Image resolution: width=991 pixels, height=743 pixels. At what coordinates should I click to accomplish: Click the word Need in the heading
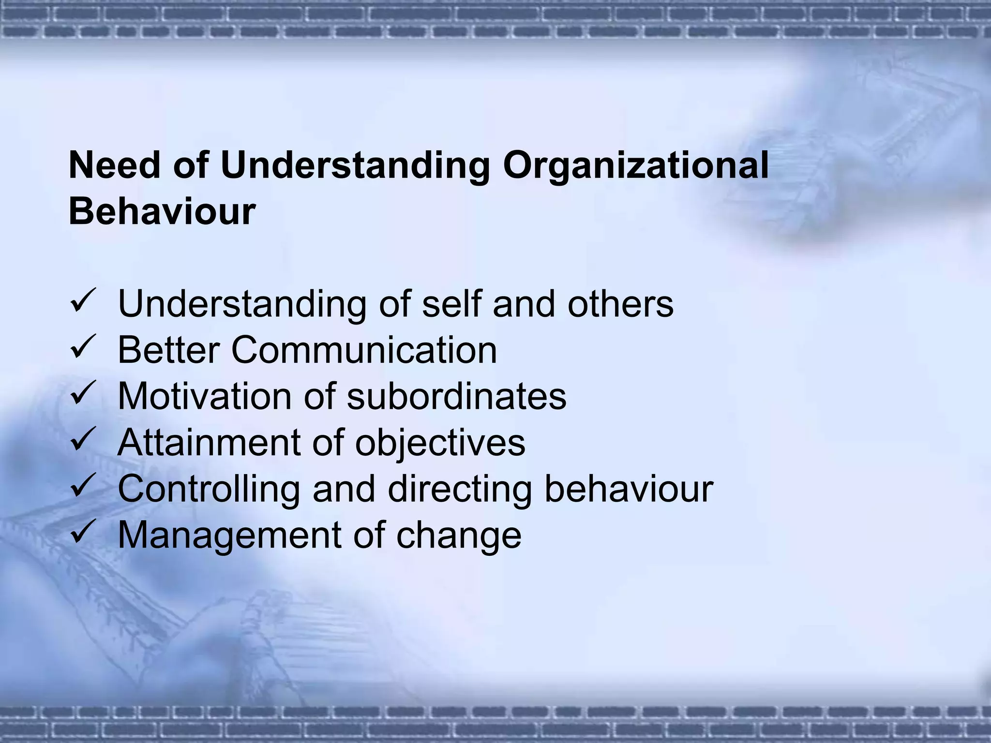click(114, 166)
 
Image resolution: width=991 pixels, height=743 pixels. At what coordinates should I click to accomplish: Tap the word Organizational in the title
click(635, 166)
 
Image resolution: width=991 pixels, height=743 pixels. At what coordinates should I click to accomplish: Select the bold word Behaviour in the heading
click(162, 211)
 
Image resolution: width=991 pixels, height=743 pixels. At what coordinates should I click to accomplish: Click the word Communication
click(364, 350)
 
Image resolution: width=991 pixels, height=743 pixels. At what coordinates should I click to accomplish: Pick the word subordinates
click(456, 396)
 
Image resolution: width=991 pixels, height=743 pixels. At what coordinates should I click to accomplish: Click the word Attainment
click(209, 443)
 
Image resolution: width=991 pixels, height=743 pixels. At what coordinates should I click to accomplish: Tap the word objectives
click(440, 443)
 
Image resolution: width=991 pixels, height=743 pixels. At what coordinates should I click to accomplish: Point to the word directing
click(460, 489)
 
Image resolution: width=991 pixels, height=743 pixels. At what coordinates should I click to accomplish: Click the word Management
click(229, 535)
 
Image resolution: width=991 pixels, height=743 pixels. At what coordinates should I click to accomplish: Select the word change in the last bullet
click(459, 535)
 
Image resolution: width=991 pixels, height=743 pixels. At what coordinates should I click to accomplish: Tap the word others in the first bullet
click(620, 304)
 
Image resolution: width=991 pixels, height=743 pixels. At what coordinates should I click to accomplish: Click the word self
click(452, 304)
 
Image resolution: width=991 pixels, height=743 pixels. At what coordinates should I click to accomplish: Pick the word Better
click(169, 350)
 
